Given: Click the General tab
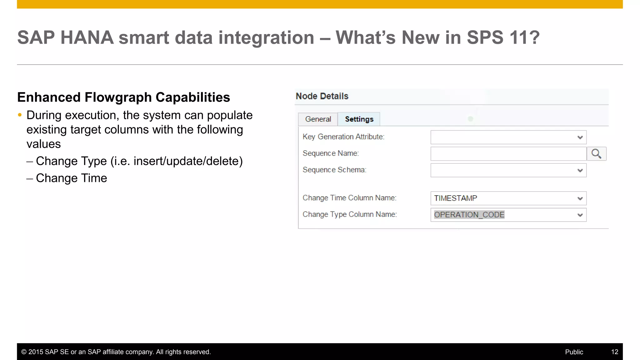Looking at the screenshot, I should pyautogui.click(x=318, y=119).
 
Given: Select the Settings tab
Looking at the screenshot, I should pyautogui.click(x=359, y=119).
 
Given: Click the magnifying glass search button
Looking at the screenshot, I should pyautogui.click(x=596, y=154).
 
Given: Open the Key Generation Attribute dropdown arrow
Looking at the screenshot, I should pyautogui.click(x=580, y=137).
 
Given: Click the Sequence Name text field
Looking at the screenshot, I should pyautogui.click(x=508, y=154).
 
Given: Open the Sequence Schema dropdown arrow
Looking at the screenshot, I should pyautogui.click(x=580, y=171).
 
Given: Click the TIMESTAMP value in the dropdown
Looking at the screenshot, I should pyautogui.click(x=456, y=198).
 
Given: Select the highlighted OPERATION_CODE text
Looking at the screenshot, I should pyautogui.click(x=469, y=215).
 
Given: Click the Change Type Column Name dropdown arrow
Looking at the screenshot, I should pyautogui.click(x=580, y=215).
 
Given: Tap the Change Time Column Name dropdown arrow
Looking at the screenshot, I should pyautogui.click(x=580, y=198).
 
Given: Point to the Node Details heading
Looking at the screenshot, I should pyautogui.click(x=322, y=96).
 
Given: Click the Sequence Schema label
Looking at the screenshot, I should pyautogui.click(x=334, y=170).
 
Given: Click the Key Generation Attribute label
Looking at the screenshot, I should pyautogui.click(x=343, y=137).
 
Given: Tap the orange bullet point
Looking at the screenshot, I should pyautogui.click(x=20, y=115).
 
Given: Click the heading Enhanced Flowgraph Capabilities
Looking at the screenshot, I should pyautogui.click(x=124, y=97).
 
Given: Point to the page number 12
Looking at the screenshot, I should pyautogui.click(x=614, y=352).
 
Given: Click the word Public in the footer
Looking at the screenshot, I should pyautogui.click(x=574, y=352).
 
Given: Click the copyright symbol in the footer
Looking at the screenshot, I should pyautogui.click(x=24, y=352).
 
